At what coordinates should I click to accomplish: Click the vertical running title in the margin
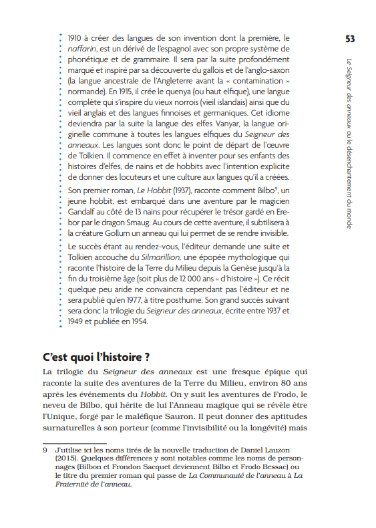[x=350, y=143]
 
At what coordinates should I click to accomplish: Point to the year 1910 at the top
[x=77, y=38]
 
